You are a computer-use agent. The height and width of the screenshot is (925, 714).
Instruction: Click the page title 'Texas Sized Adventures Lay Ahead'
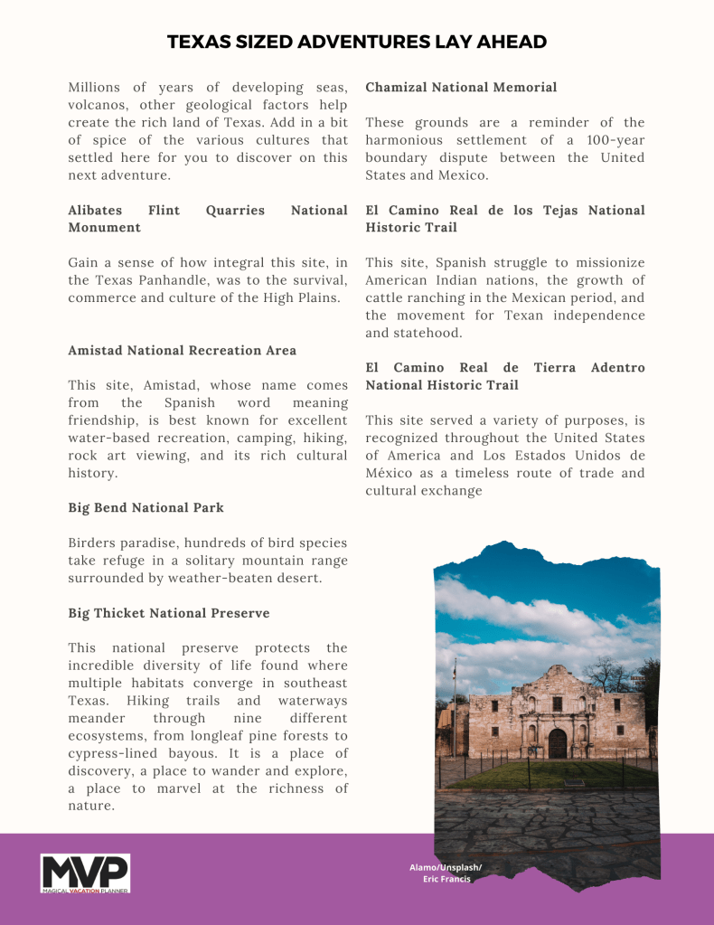(357, 42)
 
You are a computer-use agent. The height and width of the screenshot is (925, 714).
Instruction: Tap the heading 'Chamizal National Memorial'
(461, 88)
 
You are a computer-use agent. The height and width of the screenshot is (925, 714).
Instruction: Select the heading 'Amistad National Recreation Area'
(182, 350)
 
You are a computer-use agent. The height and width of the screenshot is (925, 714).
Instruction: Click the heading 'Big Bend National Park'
(146, 507)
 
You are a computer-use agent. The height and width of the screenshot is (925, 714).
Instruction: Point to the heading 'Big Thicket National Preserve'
(168, 613)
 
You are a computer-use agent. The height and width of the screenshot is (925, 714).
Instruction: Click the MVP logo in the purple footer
(85, 873)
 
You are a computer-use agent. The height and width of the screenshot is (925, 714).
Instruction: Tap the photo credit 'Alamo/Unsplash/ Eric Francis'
(446, 873)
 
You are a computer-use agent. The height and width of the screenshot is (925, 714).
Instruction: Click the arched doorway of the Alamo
(558, 743)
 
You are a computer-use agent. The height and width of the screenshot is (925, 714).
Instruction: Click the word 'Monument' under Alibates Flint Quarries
(104, 228)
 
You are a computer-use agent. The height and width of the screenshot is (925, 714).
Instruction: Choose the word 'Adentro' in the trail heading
(617, 368)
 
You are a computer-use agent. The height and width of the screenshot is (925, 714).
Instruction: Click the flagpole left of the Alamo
(455, 705)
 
